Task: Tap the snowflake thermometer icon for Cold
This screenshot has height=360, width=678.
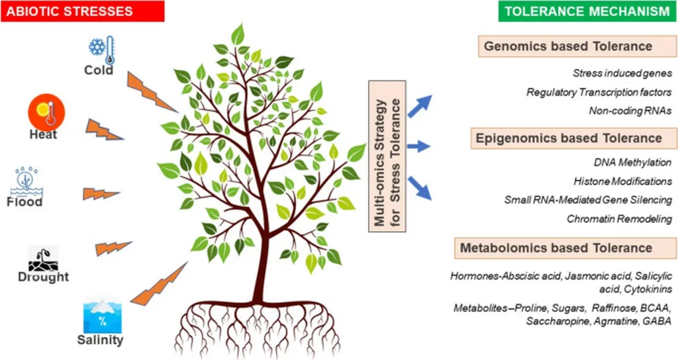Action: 102,50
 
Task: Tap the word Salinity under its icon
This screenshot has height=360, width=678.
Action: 99,341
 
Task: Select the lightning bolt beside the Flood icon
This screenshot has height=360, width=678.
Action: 101,194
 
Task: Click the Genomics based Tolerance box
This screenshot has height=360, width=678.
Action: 568,47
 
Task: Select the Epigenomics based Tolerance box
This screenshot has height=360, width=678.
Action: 568,138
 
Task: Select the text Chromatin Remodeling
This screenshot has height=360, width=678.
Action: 620,218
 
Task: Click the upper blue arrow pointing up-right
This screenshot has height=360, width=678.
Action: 419,106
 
